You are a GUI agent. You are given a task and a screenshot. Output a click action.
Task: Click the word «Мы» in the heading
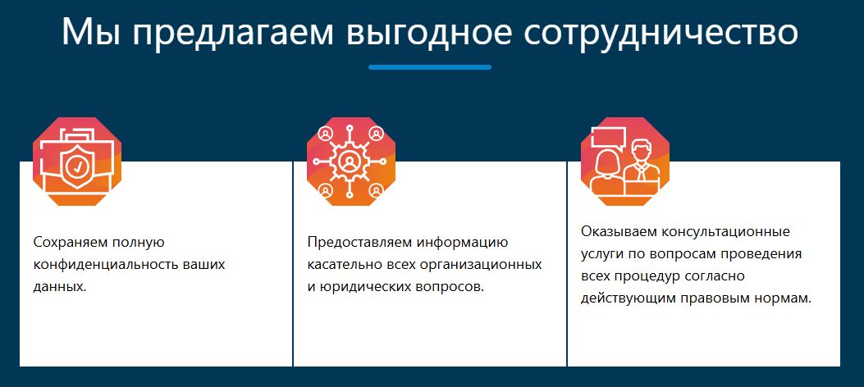pyautogui.click(x=88, y=32)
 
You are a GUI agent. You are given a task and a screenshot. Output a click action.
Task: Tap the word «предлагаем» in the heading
pyautogui.click(x=232, y=34)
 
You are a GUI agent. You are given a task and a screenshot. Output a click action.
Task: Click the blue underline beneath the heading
pyautogui.click(x=430, y=67)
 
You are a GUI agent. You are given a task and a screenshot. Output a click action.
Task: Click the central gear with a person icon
pyautogui.click(x=350, y=162)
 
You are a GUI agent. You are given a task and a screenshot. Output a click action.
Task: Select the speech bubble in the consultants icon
pyautogui.click(x=609, y=138)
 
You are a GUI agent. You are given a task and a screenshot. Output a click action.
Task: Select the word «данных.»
pyautogui.click(x=60, y=286)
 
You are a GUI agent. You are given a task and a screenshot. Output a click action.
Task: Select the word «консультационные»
pyautogui.click(x=725, y=230)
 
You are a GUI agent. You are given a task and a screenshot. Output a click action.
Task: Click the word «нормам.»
pyautogui.click(x=784, y=298)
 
